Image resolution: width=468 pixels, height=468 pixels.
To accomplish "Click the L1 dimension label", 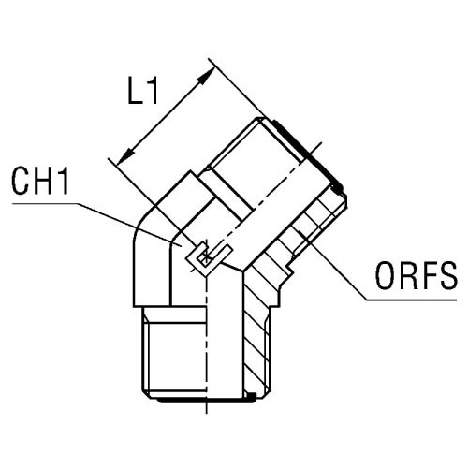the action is (143, 90).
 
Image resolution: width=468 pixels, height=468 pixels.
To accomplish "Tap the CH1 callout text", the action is (40, 181).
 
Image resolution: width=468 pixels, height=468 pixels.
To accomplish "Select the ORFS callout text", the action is (417, 276).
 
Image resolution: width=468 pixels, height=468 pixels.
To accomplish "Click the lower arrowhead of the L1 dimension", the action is (125, 157).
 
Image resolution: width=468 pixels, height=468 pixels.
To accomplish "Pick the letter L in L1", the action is (136, 90).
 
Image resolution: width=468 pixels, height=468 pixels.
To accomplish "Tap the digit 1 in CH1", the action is (64, 181).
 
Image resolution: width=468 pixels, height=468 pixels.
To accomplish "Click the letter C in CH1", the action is (20, 181).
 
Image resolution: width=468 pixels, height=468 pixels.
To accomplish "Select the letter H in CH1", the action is (43, 181).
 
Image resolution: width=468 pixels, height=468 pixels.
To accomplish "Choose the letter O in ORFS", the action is (385, 276).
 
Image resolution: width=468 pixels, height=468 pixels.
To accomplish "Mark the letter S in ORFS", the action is (448, 276).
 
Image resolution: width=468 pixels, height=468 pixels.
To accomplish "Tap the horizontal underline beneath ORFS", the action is (412, 300).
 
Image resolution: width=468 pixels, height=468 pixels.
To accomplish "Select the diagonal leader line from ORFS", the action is (332, 265).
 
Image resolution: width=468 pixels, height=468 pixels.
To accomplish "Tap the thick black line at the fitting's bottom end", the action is (206, 400).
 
